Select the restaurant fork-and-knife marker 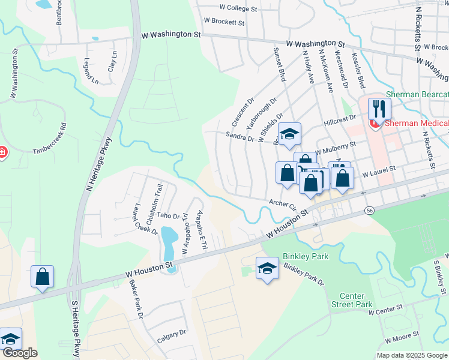(x=379, y=109)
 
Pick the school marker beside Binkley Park (x=267, y=268)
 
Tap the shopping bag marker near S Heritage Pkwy (x=42, y=277)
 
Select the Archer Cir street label (x=283, y=205)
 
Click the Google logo (x=20, y=353)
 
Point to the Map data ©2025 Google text (x=411, y=355)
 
